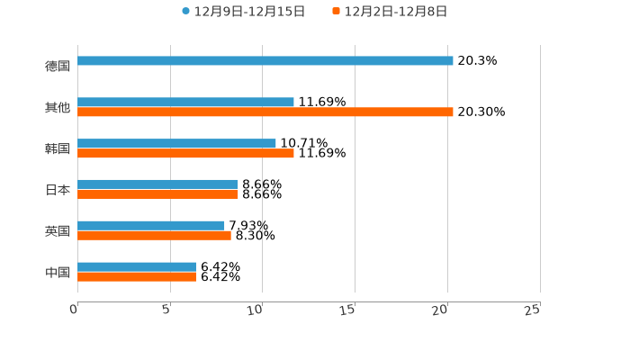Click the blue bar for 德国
[x=265, y=61]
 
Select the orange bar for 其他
[x=265, y=112]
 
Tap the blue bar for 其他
[x=185, y=102]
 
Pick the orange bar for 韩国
[x=185, y=154]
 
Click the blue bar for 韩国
[x=176, y=143]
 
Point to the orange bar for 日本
[x=157, y=194]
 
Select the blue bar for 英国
[x=151, y=226]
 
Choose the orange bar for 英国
[x=154, y=236]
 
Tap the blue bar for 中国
[x=137, y=266]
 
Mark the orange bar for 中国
[x=137, y=277]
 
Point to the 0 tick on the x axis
[x=75, y=310]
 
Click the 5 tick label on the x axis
[x=166, y=310]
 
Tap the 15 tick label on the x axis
[x=347, y=310]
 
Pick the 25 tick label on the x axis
[x=532, y=310]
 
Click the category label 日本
[x=58, y=190]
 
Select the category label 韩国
[x=58, y=148]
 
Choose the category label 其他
[x=58, y=107]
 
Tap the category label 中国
[x=58, y=272]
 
